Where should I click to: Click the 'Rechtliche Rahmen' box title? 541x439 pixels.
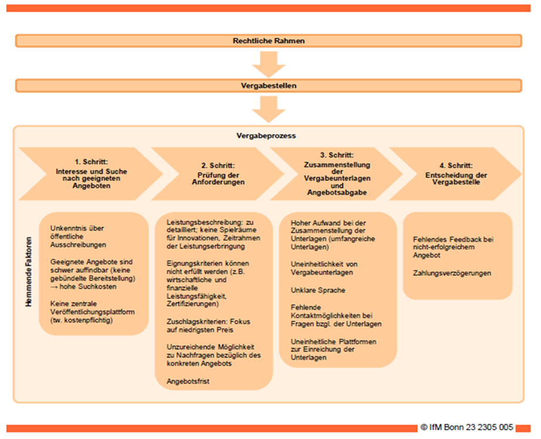click(268, 40)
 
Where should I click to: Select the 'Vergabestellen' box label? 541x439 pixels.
click(268, 86)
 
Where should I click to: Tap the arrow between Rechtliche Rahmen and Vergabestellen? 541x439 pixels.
click(268, 65)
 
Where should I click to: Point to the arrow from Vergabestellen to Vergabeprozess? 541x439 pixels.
click(268, 109)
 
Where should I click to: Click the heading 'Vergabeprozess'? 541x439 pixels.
click(266, 136)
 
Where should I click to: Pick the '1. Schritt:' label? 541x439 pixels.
click(92, 161)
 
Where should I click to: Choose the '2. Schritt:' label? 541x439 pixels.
click(218, 166)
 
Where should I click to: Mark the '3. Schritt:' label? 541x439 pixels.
click(337, 155)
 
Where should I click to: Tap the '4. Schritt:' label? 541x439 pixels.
click(456, 166)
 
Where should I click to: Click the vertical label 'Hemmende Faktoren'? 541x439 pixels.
click(29, 272)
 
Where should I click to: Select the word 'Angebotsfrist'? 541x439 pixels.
click(188, 381)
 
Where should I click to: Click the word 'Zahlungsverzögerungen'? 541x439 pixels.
click(452, 273)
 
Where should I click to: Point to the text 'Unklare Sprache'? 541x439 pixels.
click(318, 291)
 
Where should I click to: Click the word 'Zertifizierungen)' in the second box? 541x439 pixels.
click(192, 303)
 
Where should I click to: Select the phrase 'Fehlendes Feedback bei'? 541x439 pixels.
click(453, 239)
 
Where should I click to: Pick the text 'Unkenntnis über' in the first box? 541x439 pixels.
click(77, 228)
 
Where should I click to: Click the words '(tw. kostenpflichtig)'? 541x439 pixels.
click(82, 320)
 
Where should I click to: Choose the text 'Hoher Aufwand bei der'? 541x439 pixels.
click(328, 223)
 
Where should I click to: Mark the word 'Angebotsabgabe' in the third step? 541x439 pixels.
click(337, 193)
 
